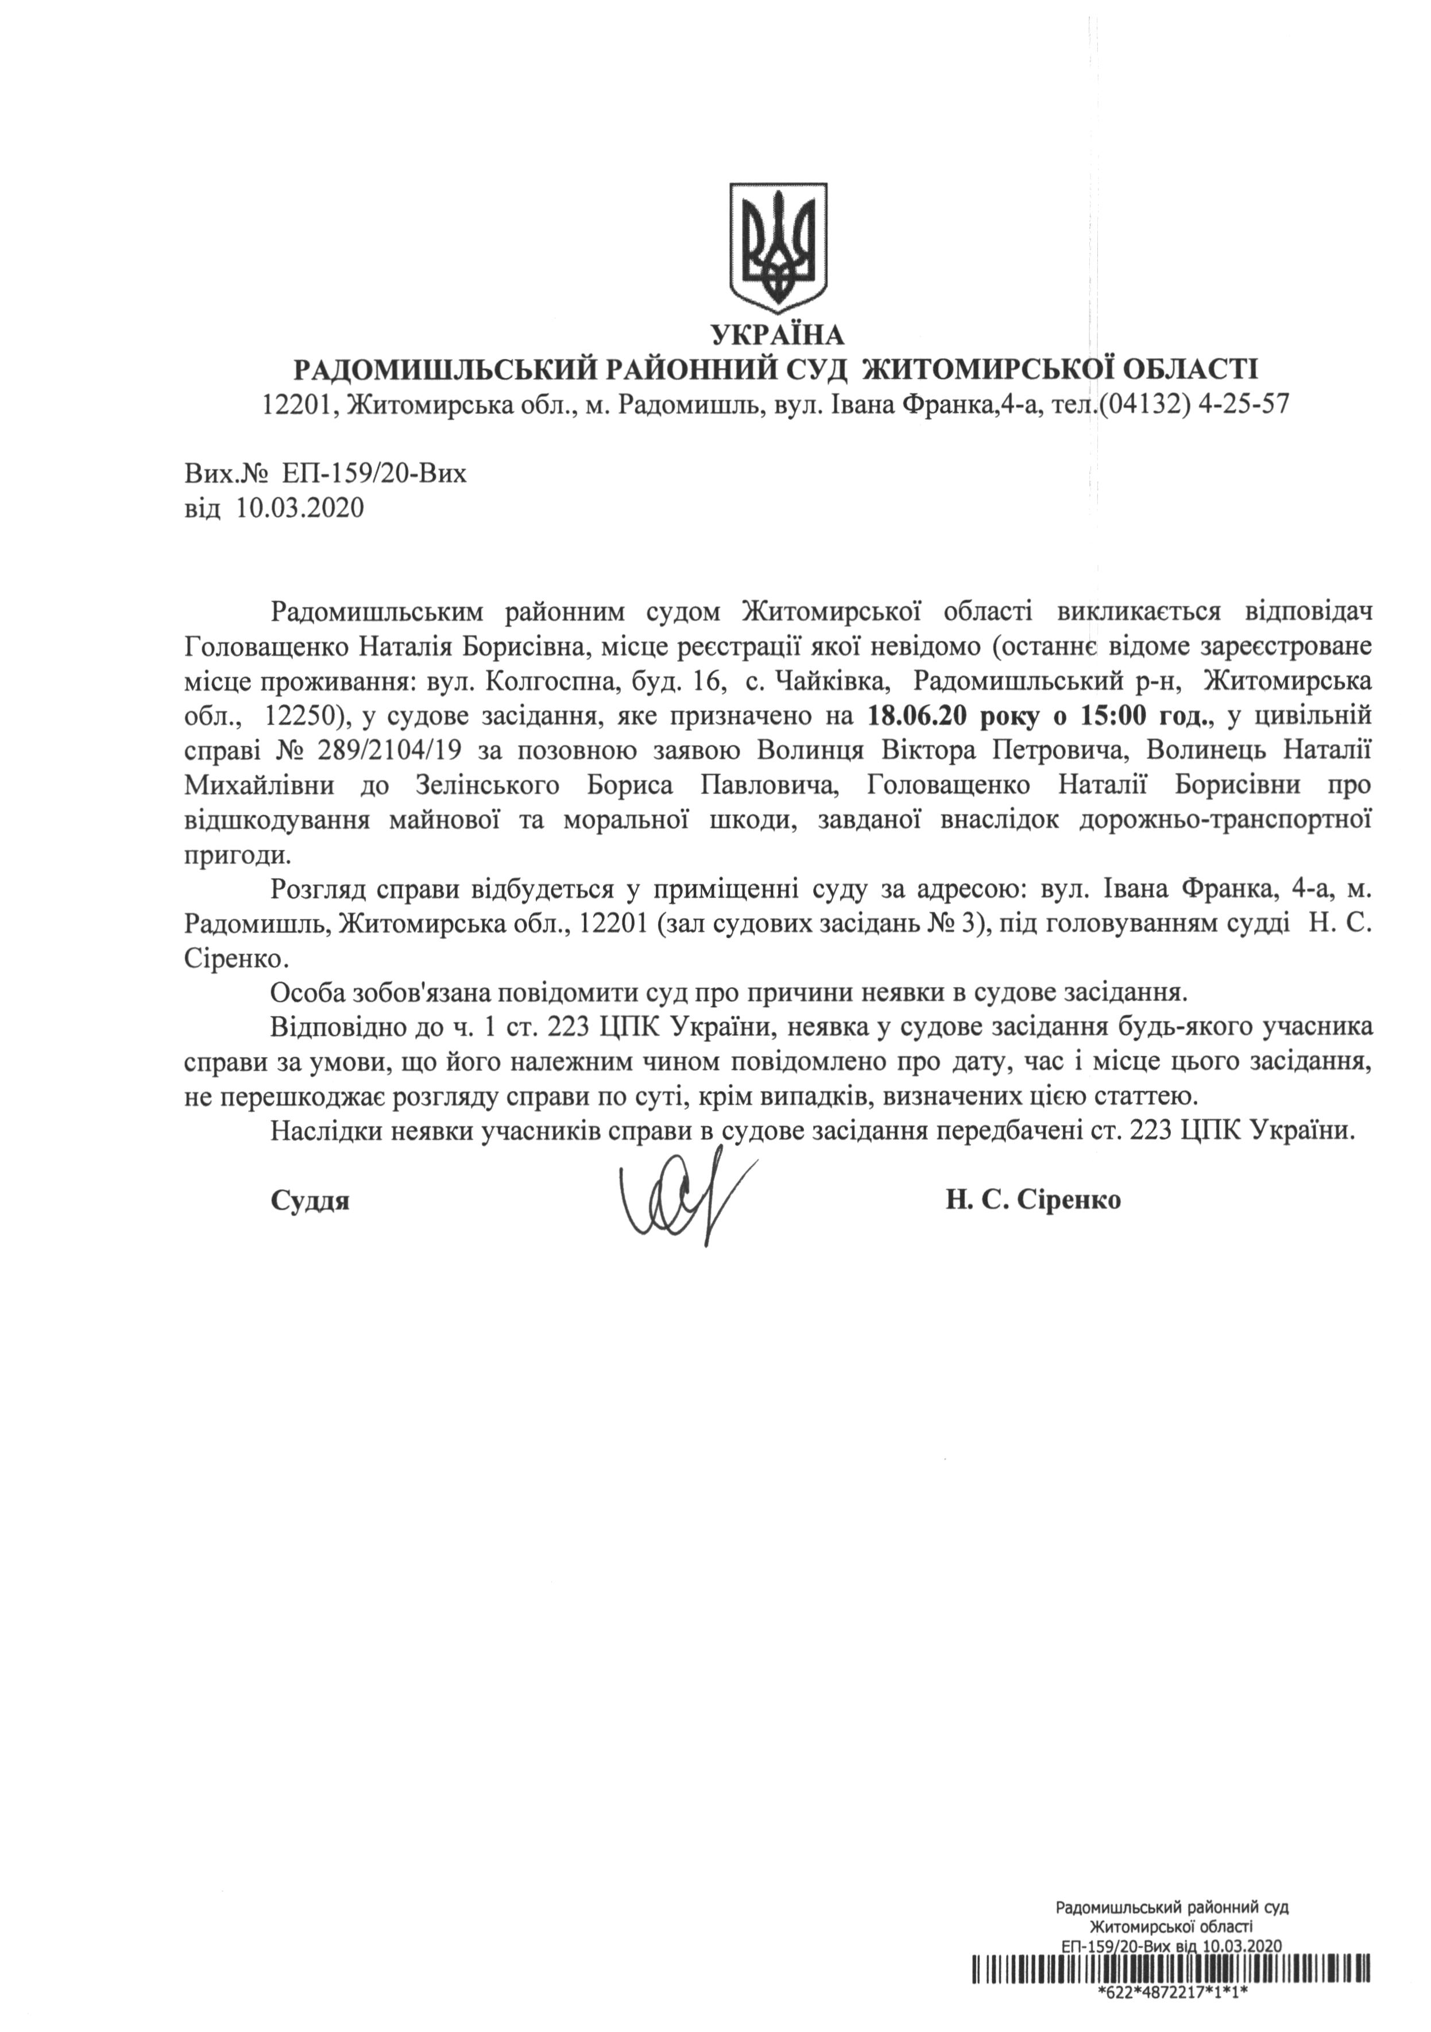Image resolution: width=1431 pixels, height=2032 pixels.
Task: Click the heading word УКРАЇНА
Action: point(778,335)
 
